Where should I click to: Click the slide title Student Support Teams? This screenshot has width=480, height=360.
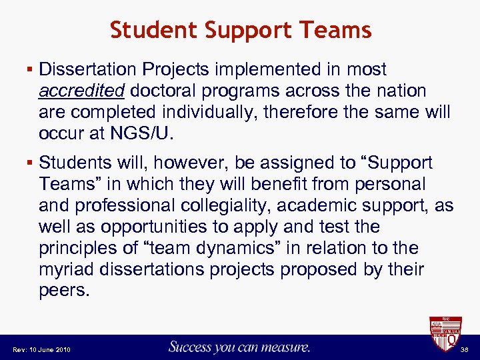pyautogui.click(x=240, y=30)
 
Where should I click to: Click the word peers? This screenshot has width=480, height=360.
pyautogui.click(x=64, y=291)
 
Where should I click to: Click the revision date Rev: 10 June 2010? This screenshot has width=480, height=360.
pyautogui.click(x=42, y=349)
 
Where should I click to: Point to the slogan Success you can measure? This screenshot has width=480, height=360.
pyautogui.click(x=240, y=347)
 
